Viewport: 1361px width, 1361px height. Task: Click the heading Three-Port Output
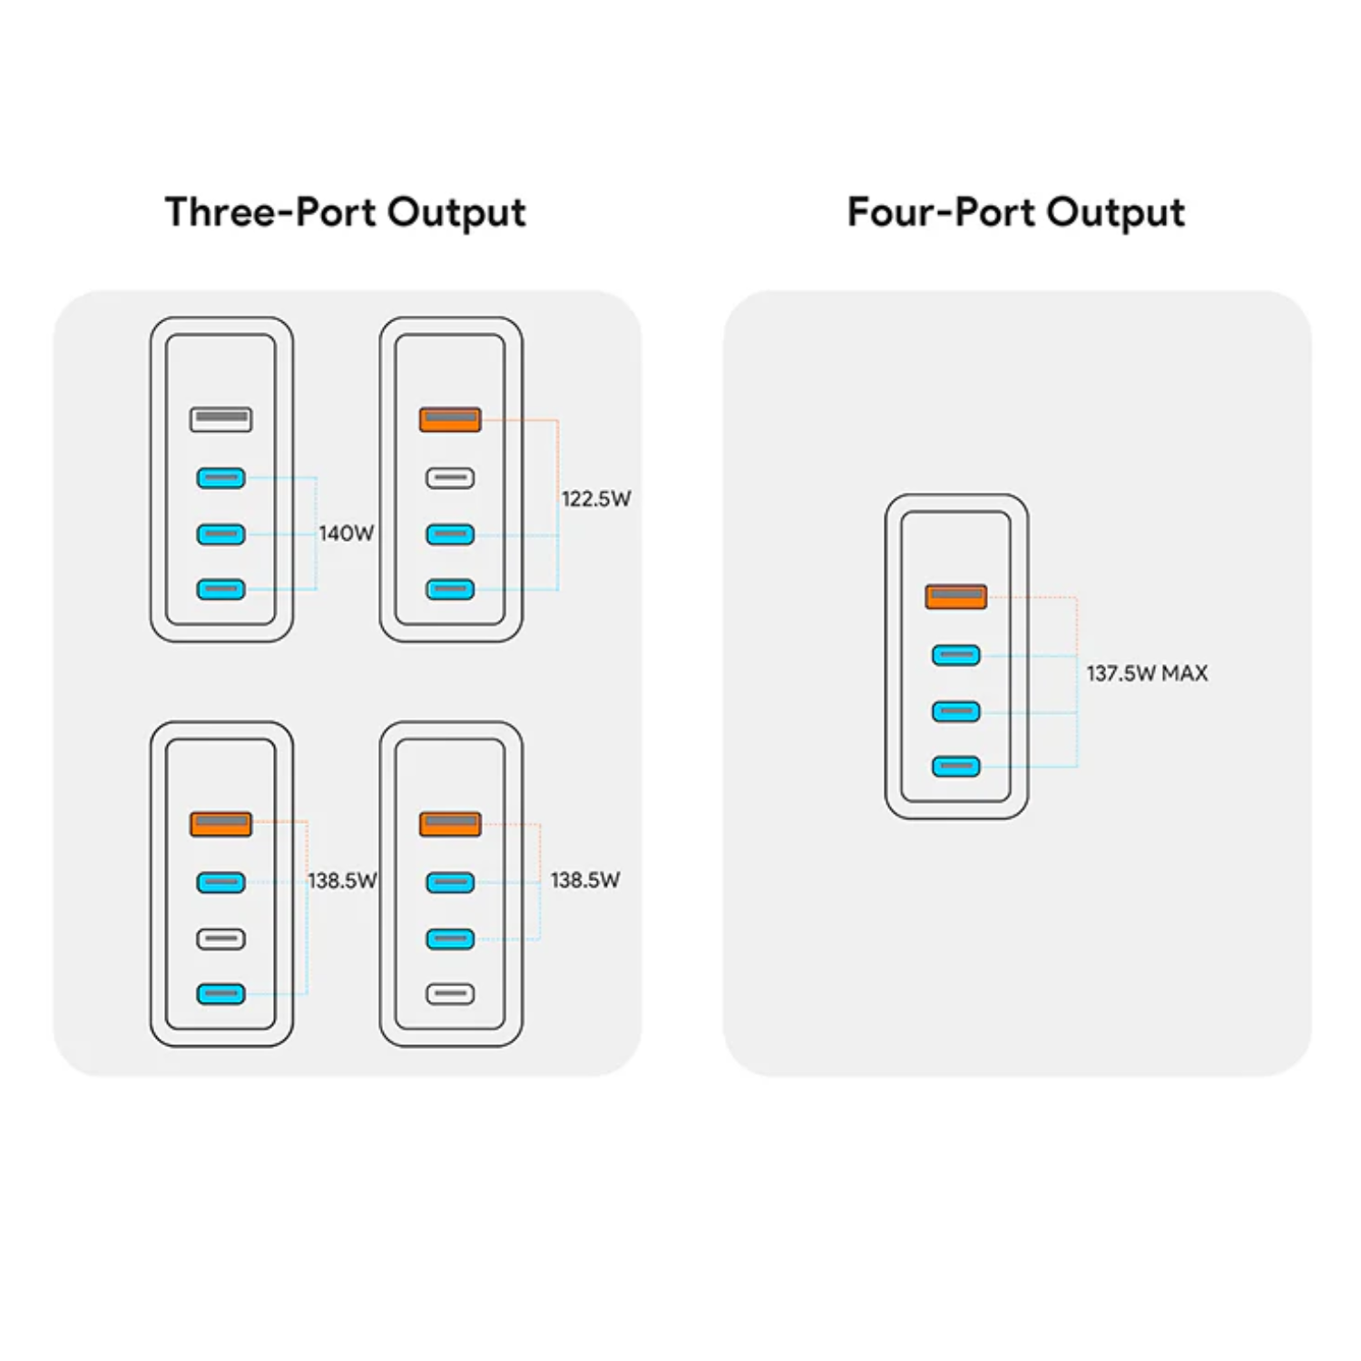345,213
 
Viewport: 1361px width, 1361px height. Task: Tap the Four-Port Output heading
1015,213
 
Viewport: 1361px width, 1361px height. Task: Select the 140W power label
346,534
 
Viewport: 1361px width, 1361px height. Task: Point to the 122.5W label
595,499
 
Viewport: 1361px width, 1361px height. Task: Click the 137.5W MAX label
1147,673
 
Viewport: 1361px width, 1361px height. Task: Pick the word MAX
1185,673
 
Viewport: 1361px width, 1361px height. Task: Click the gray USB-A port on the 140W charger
220,419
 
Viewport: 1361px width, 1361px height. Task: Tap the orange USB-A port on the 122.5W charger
450,419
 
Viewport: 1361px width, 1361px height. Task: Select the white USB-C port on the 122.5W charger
450,478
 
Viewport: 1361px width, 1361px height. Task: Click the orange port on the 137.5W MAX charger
955,596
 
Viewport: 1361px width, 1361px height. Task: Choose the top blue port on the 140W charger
220,478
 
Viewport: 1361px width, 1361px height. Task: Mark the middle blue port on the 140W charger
220,534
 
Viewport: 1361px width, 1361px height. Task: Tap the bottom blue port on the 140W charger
220,590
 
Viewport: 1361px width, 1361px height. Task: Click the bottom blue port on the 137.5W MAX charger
955,767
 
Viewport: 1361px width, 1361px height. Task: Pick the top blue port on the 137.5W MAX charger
955,655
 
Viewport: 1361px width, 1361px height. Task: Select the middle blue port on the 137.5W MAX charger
955,711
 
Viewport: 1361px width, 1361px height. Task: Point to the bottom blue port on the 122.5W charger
450,590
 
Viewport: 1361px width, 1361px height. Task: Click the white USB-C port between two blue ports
220,939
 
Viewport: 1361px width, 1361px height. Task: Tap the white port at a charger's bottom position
450,994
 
